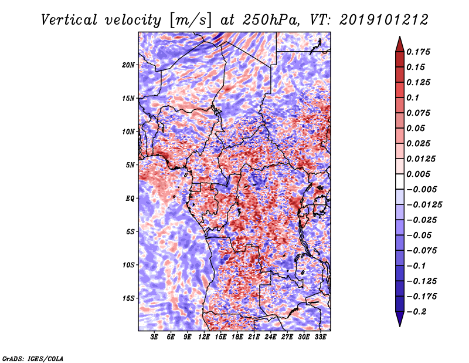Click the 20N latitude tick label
coord(128,65)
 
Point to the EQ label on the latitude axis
coord(130,199)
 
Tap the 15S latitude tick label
coord(128,298)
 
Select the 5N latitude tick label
coord(130,165)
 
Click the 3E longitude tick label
coord(154,337)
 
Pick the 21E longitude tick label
coord(254,337)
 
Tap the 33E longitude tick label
coord(320,337)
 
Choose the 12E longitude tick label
coord(203,337)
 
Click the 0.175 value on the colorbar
coord(418,52)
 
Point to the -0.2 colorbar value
coord(416,312)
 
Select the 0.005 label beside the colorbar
coord(418,174)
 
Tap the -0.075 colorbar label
coord(422,251)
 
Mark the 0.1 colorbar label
coord(413,98)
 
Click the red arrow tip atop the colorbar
coord(400,36)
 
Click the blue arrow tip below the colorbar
coord(400,326)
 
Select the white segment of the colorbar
coord(400,181)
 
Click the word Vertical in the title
coord(69,20)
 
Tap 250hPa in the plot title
coord(271,20)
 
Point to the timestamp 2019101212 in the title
coord(384,20)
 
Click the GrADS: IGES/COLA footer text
coord(33,358)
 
